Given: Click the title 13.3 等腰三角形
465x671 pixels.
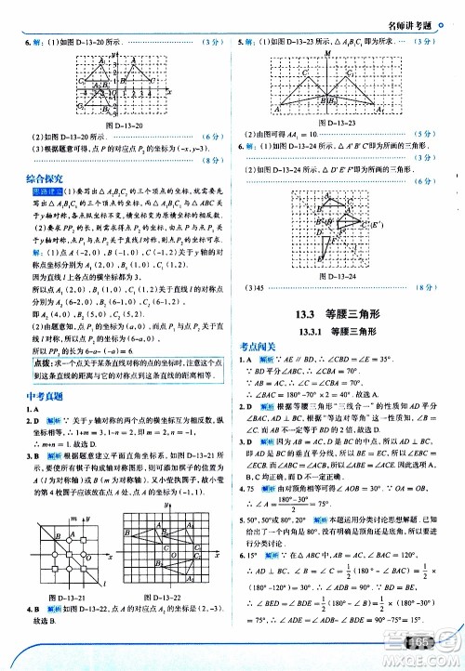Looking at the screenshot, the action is click(343, 313).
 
